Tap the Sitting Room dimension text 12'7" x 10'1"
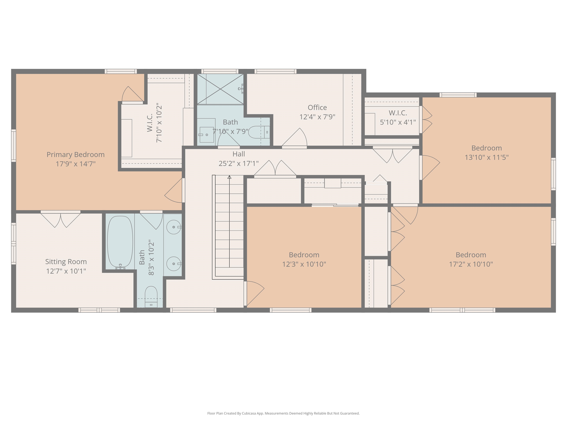pos(66,271)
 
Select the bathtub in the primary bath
pos(120,242)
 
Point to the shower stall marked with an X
pos(220,89)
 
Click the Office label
pos(317,107)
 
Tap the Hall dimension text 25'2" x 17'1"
pos(238,163)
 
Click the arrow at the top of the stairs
pos(229,177)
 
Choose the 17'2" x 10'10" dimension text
pos(471,264)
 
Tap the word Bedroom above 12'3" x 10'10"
pos(304,255)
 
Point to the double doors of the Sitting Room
pos(61,219)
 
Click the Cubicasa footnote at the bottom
pos(283,413)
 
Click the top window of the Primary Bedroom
pos(121,71)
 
